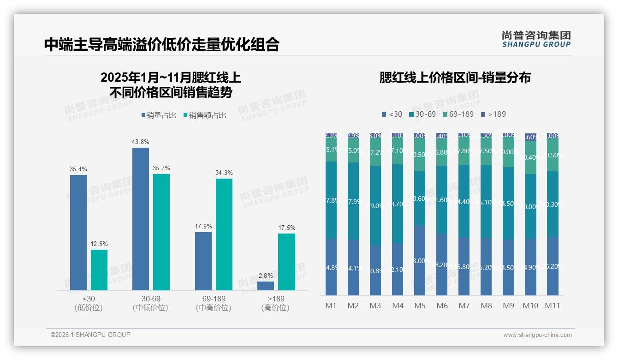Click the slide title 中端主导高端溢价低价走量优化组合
pyautogui.click(x=161, y=44)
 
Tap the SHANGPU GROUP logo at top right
pyautogui.click(x=536, y=39)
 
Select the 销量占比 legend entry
pyautogui.click(x=159, y=115)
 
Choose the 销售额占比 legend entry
pyautogui.click(x=205, y=115)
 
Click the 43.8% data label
pyautogui.click(x=141, y=142)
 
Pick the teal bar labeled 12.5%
pyautogui.click(x=99, y=270)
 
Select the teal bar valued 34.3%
pyautogui.click(x=224, y=234)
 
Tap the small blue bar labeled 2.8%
pyautogui.click(x=266, y=286)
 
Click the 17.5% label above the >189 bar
pyautogui.click(x=287, y=228)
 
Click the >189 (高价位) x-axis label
pyautogui.click(x=275, y=303)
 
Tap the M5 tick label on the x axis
pyautogui.click(x=420, y=306)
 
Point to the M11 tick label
pyautogui.click(x=553, y=306)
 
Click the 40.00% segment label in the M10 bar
pyautogui.click(x=530, y=207)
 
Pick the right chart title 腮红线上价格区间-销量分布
pyautogui.click(x=455, y=78)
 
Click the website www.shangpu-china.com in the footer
pyautogui.click(x=537, y=335)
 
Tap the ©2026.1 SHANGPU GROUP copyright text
pyautogui.click(x=90, y=335)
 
